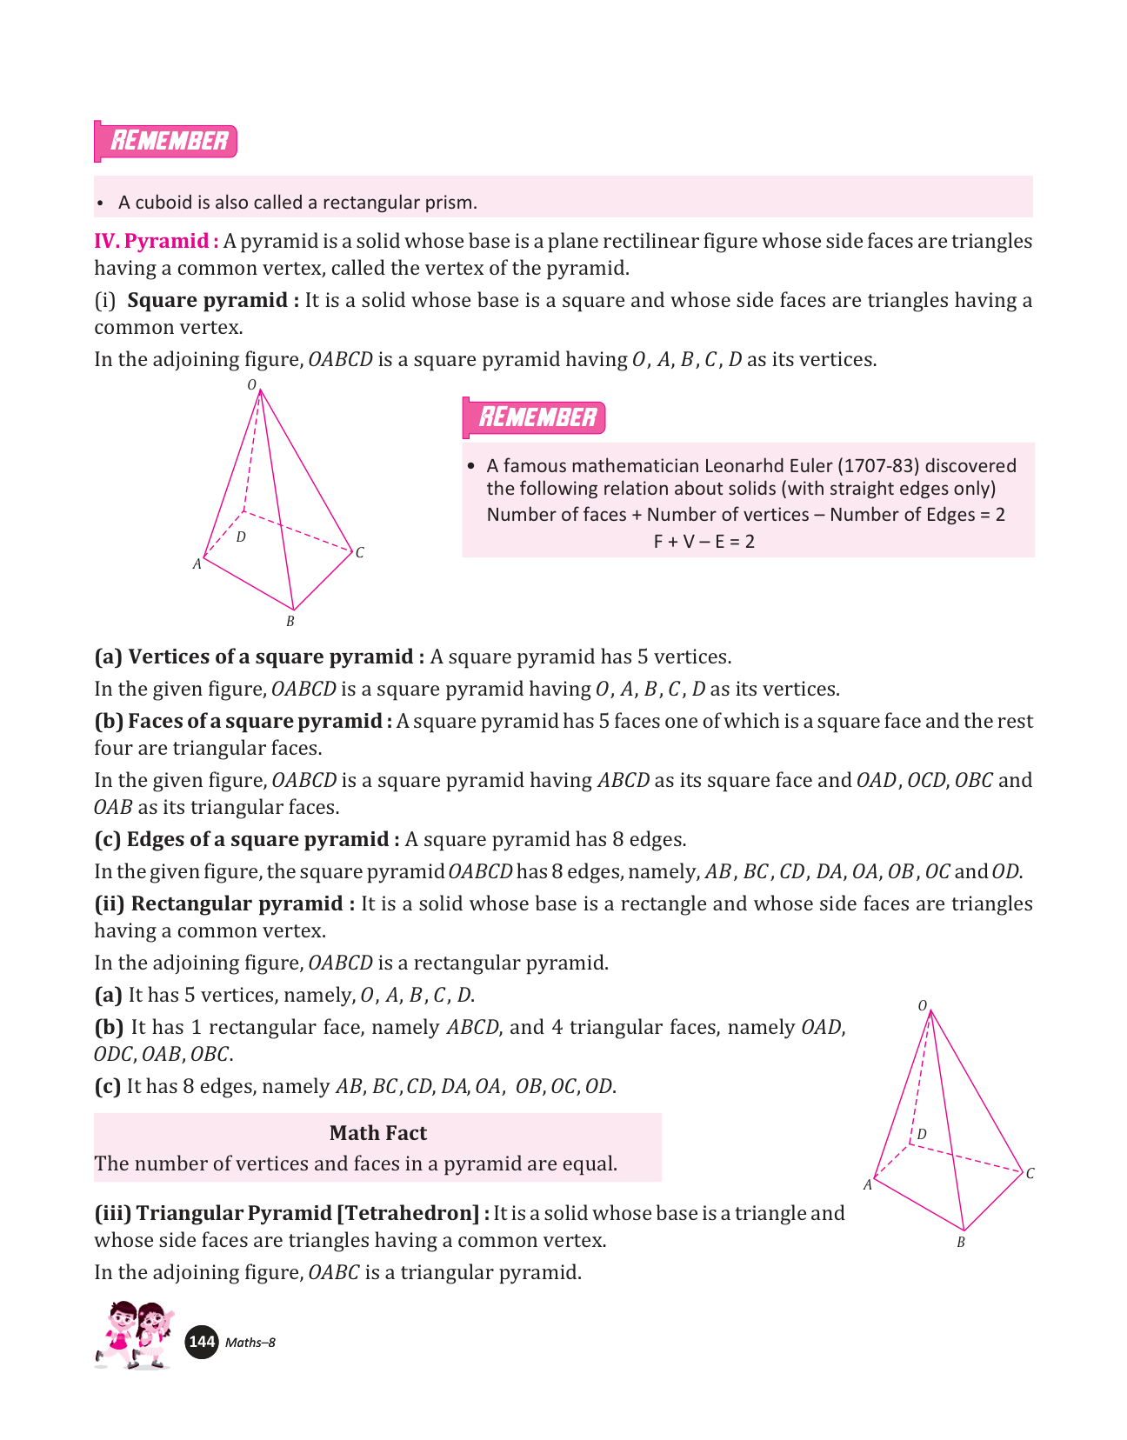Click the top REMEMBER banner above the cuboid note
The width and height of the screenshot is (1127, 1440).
click(x=166, y=141)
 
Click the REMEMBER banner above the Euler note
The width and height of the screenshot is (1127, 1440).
click(x=535, y=417)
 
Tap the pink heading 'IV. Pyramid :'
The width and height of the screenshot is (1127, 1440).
click(x=156, y=241)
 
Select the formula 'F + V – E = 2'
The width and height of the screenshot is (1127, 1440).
click(x=704, y=542)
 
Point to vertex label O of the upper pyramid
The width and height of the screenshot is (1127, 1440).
click(x=252, y=384)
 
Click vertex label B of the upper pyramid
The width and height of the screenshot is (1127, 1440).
click(x=290, y=621)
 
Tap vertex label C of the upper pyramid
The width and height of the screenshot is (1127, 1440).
click(x=359, y=552)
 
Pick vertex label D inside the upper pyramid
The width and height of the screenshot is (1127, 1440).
click(x=241, y=537)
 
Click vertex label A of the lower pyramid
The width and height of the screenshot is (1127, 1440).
click(x=867, y=1184)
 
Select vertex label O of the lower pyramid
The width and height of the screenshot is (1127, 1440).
click(x=923, y=1005)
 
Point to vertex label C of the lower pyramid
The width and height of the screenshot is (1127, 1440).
click(x=1030, y=1173)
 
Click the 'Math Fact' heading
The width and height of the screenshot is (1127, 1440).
click(x=377, y=1133)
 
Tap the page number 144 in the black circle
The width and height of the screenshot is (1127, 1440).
click(x=202, y=1342)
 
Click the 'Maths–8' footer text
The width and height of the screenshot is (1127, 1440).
click(x=250, y=1343)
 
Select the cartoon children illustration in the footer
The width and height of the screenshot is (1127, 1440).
click(x=135, y=1335)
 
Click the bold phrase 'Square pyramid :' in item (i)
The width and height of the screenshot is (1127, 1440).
click(x=213, y=300)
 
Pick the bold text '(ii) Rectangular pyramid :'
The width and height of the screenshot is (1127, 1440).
click(x=224, y=903)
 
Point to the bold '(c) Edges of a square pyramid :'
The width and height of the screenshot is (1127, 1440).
click(x=247, y=839)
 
